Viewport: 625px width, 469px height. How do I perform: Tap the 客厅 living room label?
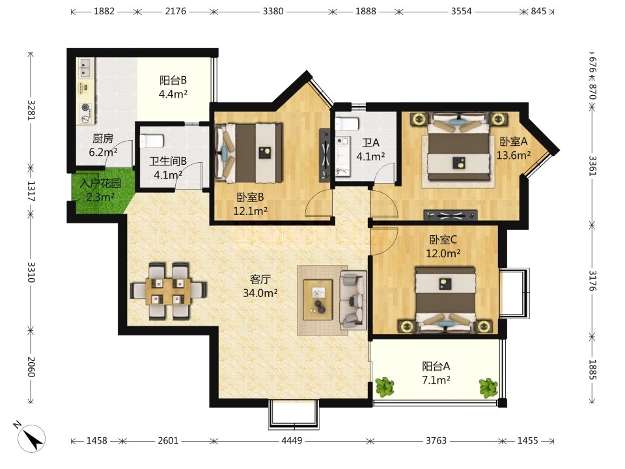pos(260,279)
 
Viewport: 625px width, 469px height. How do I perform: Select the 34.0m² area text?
pos(260,293)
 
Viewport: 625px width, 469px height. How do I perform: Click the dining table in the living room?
pos(169,291)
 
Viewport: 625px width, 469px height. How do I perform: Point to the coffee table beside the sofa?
pos(318,300)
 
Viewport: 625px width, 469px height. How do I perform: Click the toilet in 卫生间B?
pos(152,141)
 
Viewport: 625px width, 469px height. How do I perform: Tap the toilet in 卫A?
pos(347,124)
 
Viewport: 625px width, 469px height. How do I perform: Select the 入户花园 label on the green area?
pos(100,184)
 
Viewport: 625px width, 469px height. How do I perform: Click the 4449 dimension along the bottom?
pos(292,441)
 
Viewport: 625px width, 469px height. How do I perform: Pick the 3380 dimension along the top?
pos(273,11)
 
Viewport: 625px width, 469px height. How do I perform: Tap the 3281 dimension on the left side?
pos(31,109)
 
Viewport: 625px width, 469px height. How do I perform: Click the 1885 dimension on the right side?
pos(592,370)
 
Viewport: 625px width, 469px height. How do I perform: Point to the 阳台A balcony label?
pos(436,365)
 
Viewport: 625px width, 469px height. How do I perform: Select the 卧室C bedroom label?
pos(443,240)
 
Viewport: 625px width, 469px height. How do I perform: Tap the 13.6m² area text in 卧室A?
pos(514,155)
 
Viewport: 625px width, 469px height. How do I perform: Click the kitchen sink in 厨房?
pos(86,68)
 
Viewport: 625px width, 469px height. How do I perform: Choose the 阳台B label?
pos(173,80)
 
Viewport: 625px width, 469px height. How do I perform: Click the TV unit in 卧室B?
pos(326,155)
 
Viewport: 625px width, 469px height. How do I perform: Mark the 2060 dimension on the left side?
pos(31,367)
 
